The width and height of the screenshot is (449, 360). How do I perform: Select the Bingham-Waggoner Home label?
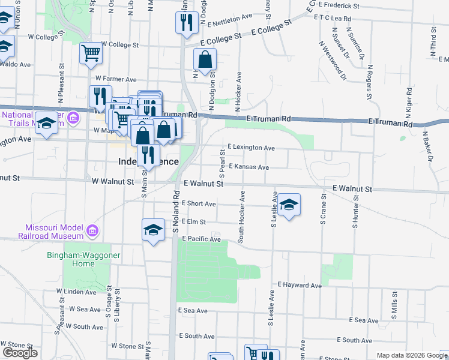point(70,259)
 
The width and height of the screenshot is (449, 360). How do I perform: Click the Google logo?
point(20,353)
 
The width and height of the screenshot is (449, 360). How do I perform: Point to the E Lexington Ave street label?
point(251,148)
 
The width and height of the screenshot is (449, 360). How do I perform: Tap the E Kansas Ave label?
point(249,167)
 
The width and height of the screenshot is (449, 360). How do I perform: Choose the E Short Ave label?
point(199,204)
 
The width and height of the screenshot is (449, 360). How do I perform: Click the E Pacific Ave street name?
point(201,239)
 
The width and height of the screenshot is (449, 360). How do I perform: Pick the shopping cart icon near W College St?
point(91,52)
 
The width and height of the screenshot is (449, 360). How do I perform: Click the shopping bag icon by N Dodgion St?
point(205,59)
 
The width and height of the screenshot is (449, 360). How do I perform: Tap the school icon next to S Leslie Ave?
point(289,205)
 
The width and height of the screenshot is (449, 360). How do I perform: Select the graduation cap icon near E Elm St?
point(153,229)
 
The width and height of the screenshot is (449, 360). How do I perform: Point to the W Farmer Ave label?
point(116,79)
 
